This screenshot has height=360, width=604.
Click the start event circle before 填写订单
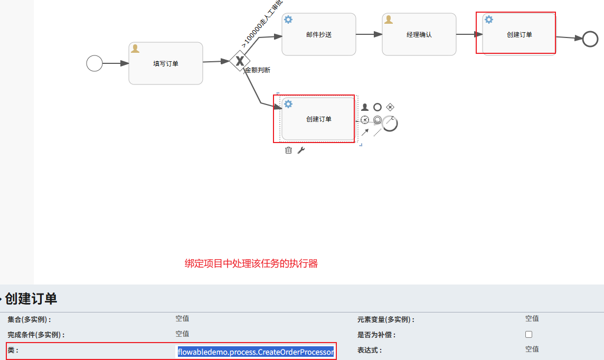pyautogui.click(x=95, y=63)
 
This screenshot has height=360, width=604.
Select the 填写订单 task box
pyautogui.click(x=166, y=63)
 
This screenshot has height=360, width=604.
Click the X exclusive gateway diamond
pyautogui.click(x=240, y=61)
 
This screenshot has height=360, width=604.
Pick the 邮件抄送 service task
pyautogui.click(x=319, y=34)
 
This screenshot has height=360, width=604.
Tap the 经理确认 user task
pyautogui.click(x=419, y=34)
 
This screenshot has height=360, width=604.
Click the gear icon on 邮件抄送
pyautogui.click(x=288, y=20)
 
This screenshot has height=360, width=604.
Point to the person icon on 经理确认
pyautogui.click(x=389, y=20)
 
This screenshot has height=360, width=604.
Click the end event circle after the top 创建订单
pyautogui.click(x=590, y=39)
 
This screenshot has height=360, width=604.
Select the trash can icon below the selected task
pyautogui.click(x=288, y=150)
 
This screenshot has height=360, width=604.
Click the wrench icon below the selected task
pyautogui.click(x=301, y=150)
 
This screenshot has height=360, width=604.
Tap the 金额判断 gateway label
pyautogui.click(x=258, y=70)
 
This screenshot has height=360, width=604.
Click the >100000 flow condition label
pyautogui.click(x=262, y=24)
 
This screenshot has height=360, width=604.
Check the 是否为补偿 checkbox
pyautogui.click(x=528, y=334)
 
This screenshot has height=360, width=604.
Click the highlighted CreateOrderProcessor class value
pyautogui.click(x=256, y=352)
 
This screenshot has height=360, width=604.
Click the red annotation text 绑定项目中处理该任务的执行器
pyautogui.click(x=251, y=263)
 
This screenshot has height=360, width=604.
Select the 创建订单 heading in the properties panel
pyautogui.click(x=31, y=299)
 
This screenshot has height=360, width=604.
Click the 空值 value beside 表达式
pyautogui.click(x=532, y=349)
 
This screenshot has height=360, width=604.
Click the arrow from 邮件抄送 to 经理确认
pyautogui.click(x=369, y=34)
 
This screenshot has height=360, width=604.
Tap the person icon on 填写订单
pyautogui.click(x=135, y=49)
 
